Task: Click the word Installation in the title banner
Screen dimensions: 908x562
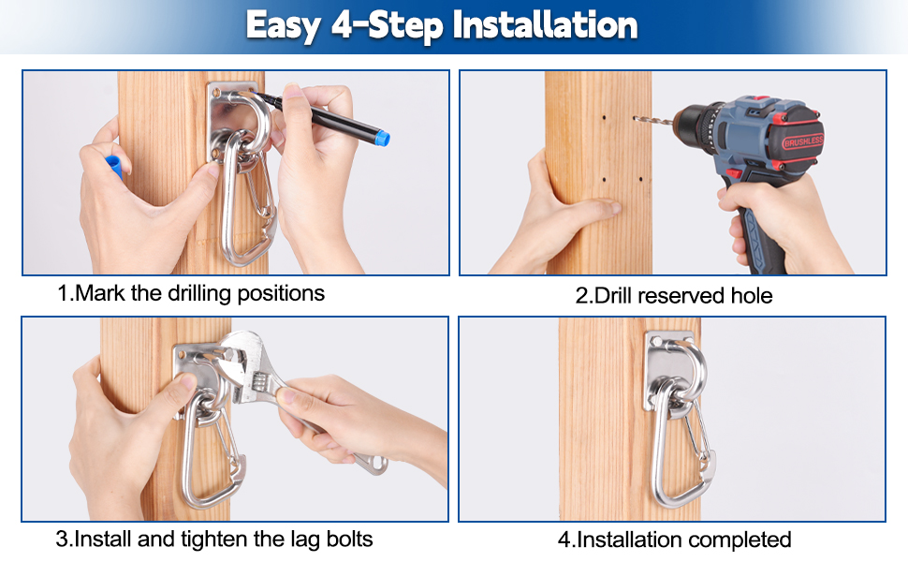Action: point(545,25)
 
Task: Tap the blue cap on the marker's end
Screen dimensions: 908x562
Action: point(381,138)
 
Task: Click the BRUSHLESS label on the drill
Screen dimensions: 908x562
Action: point(802,141)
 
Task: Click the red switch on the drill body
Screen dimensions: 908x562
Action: point(734,172)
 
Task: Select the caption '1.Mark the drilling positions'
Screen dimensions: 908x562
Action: point(191,294)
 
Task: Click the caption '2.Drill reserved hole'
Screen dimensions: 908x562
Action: point(673,296)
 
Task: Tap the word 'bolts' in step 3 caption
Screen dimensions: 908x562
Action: point(349,540)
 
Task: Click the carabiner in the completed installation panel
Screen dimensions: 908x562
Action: point(683,446)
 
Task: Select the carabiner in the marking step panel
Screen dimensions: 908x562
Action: point(246,197)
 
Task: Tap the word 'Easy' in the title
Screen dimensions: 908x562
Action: point(284,26)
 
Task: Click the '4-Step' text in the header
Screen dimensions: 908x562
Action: point(387,26)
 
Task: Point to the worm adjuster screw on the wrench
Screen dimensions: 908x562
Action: point(259,382)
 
